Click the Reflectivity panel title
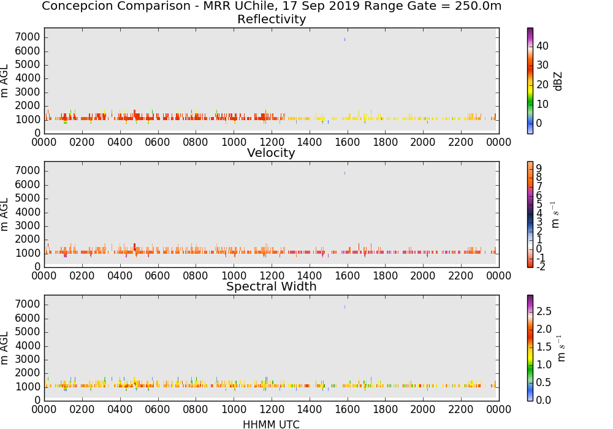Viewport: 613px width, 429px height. [272, 19]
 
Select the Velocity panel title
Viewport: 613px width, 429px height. [271, 153]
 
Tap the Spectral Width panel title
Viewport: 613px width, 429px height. [272, 286]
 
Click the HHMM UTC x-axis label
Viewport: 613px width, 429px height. [271, 424]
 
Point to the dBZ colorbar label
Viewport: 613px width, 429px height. [558, 82]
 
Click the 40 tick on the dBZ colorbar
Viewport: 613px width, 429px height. [543, 46]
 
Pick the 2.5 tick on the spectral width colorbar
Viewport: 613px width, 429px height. [544, 311]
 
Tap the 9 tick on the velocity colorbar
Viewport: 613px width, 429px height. [539, 169]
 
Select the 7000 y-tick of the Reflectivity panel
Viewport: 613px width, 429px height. [28, 37]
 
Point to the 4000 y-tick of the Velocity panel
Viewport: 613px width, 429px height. [28, 212]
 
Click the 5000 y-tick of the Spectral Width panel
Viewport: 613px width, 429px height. [28, 332]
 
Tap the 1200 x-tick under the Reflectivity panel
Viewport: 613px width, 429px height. [272, 142]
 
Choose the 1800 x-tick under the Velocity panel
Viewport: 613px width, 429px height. [385, 276]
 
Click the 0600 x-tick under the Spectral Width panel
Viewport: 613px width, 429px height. [158, 409]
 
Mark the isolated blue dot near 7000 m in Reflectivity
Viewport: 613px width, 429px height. [345, 39]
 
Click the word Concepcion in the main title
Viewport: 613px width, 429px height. [72, 6]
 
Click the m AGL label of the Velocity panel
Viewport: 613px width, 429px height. [5, 214]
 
